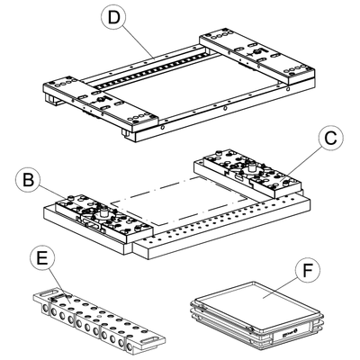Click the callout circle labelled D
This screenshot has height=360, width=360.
[114, 18]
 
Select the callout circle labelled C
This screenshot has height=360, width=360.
[331, 139]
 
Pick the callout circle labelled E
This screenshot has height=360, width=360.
[42, 258]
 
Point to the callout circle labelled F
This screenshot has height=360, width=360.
[308, 271]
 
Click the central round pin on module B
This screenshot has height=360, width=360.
[104, 212]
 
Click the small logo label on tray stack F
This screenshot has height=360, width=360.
[289, 333]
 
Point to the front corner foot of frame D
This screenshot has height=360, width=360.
[130, 137]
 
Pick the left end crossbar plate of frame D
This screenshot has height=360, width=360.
[101, 103]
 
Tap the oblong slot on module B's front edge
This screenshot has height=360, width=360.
[91, 225]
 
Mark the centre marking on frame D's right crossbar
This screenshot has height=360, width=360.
[256, 52]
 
